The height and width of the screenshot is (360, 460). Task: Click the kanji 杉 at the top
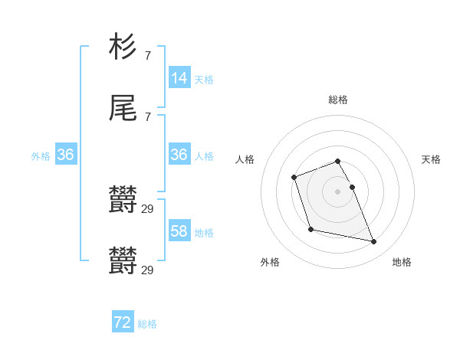pyautogui.click(x=123, y=47)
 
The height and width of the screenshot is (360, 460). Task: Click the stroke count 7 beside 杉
pyautogui.click(x=148, y=55)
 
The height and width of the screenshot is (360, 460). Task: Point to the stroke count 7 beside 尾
pyautogui.click(x=148, y=116)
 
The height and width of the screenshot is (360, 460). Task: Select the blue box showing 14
pyautogui.click(x=179, y=77)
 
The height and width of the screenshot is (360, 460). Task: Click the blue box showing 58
pyautogui.click(x=179, y=231)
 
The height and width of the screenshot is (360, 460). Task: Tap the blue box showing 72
pyautogui.click(x=123, y=322)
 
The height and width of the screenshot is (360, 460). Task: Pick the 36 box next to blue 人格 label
pyautogui.click(x=179, y=154)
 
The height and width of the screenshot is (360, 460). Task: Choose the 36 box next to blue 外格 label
pyautogui.click(x=66, y=154)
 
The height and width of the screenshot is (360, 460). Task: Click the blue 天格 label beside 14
pyautogui.click(x=204, y=79)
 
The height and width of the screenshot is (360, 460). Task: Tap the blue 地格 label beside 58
pyautogui.click(x=204, y=232)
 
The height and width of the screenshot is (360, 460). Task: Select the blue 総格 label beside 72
pyautogui.click(x=147, y=324)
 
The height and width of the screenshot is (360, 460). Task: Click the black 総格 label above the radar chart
pyautogui.click(x=338, y=100)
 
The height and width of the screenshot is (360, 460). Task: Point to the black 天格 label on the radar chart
pyautogui.click(x=431, y=159)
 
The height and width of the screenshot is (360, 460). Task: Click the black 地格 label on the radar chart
pyautogui.click(x=402, y=262)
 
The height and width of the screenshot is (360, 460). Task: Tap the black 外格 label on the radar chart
pyautogui.click(x=270, y=262)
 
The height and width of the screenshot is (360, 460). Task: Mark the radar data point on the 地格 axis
pyautogui.click(x=374, y=242)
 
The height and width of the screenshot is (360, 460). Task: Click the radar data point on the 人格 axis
pyautogui.click(x=294, y=178)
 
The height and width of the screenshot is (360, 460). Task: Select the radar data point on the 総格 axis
pyautogui.click(x=337, y=162)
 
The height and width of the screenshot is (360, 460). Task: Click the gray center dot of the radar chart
pyautogui.click(x=337, y=190)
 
